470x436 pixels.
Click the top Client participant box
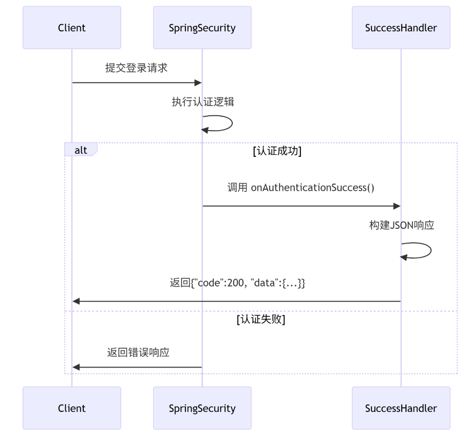[72, 28]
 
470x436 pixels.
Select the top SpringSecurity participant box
[202, 28]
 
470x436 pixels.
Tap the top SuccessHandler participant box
[401, 28]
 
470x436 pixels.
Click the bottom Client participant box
[72, 408]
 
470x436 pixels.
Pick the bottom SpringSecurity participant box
[202, 408]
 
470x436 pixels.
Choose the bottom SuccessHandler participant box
[401, 408]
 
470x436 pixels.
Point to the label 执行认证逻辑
[203, 102]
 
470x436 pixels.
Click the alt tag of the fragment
[81, 150]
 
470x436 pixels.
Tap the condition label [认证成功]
[277, 151]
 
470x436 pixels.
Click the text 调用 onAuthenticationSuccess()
[300, 187]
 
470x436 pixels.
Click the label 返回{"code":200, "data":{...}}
[237, 283]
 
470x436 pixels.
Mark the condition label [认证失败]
[261, 319]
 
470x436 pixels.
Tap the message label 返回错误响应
[138, 352]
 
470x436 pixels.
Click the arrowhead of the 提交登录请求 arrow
[198, 82]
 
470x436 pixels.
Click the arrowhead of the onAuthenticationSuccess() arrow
[397, 206]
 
